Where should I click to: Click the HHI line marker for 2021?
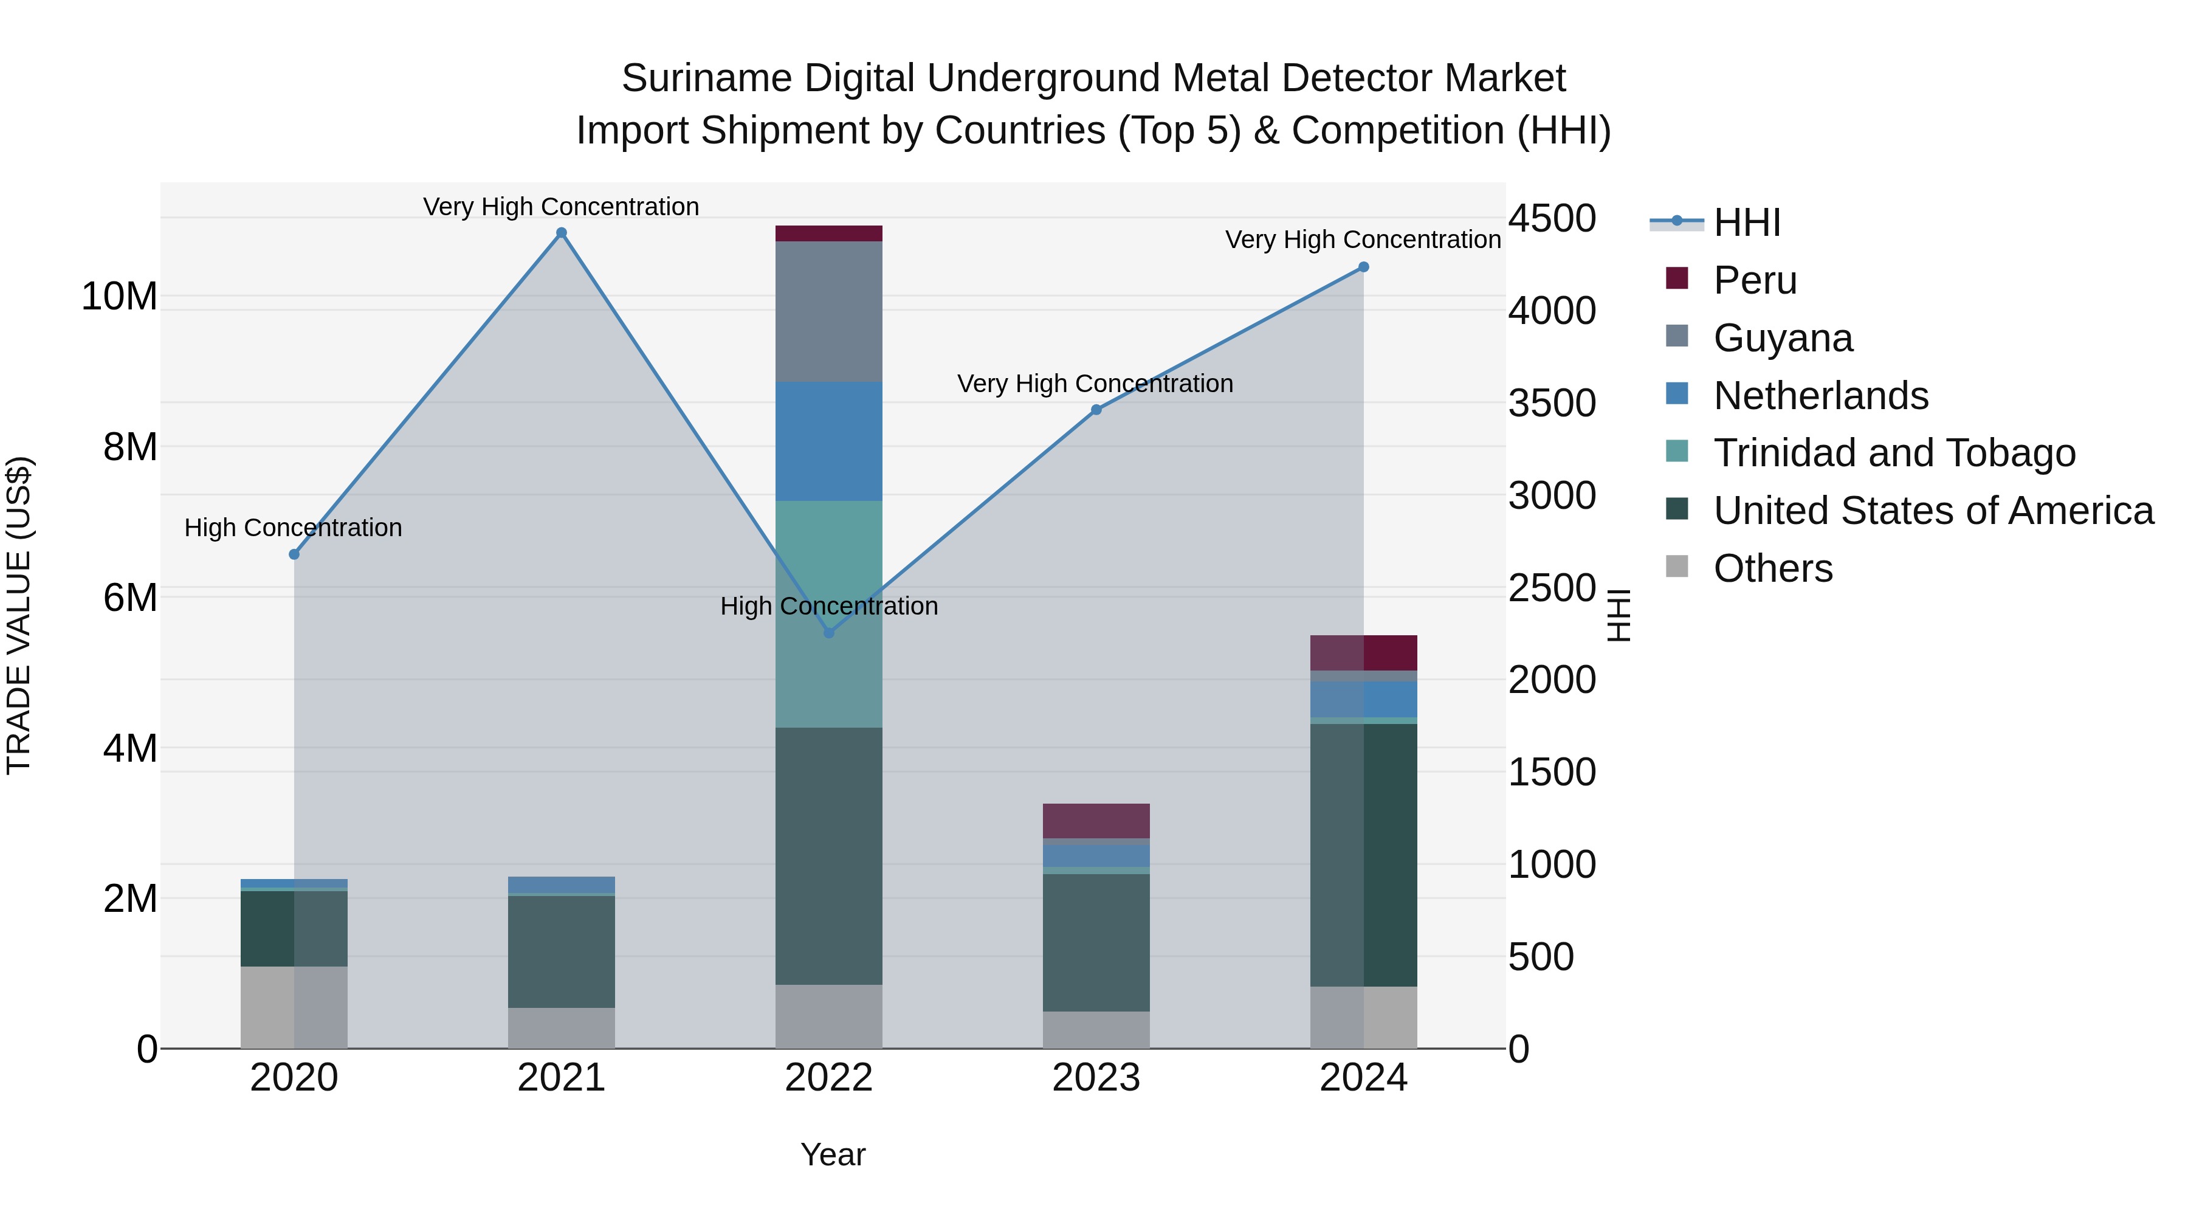point(562,233)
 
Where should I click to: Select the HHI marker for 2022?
point(830,633)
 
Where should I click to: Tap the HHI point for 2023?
point(1096,410)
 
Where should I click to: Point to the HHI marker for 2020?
point(294,554)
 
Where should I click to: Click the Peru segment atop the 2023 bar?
point(1096,821)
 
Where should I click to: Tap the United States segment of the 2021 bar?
point(562,951)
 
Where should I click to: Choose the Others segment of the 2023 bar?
point(1096,1030)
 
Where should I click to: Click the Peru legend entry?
point(1755,280)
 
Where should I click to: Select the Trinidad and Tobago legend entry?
point(1894,453)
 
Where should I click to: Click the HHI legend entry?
point(1746,222)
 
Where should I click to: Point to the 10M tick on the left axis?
point(119,297)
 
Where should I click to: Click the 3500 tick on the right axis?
point(1552,404)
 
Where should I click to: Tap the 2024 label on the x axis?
point(1363,1078)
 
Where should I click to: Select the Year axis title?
point(833,1154)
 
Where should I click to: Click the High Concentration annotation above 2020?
point(293,528)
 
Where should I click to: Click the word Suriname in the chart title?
point(707,78)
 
